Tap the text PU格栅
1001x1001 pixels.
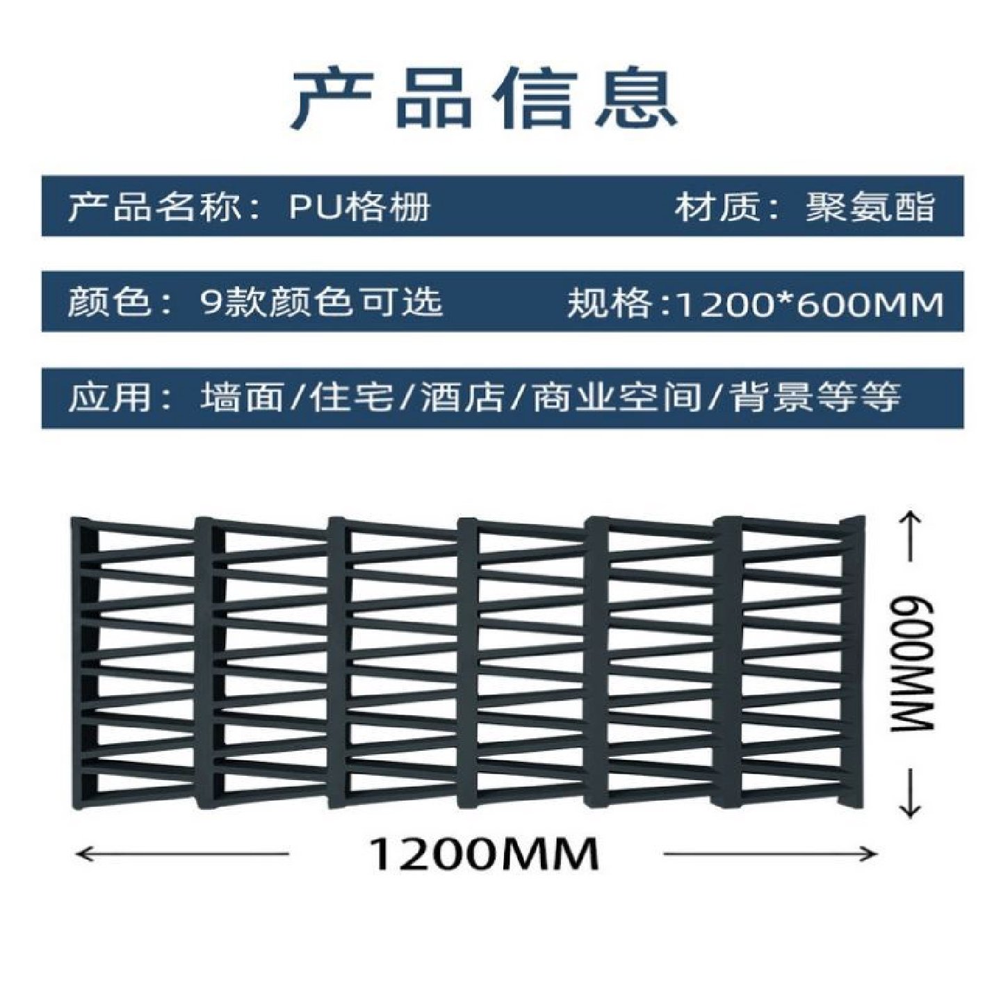click(359, 206)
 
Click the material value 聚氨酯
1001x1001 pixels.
click(870, 206)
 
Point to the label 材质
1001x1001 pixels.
click(717, 206)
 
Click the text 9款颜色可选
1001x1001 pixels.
click(320, 302)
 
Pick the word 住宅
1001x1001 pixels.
click(352, 398)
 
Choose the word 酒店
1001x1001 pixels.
click(462, 398)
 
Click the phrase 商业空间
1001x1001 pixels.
click(616, 398)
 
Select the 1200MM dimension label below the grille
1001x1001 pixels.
click(483, 854)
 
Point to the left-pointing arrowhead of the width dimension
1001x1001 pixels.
click(82, 854)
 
